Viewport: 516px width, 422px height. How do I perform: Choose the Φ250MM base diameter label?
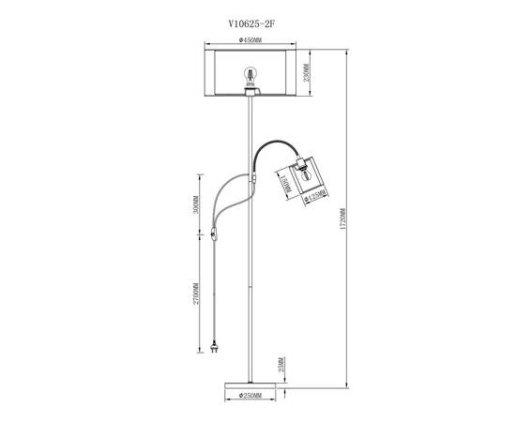(250, 397)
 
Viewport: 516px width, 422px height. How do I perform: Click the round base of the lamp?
(250, 382)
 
